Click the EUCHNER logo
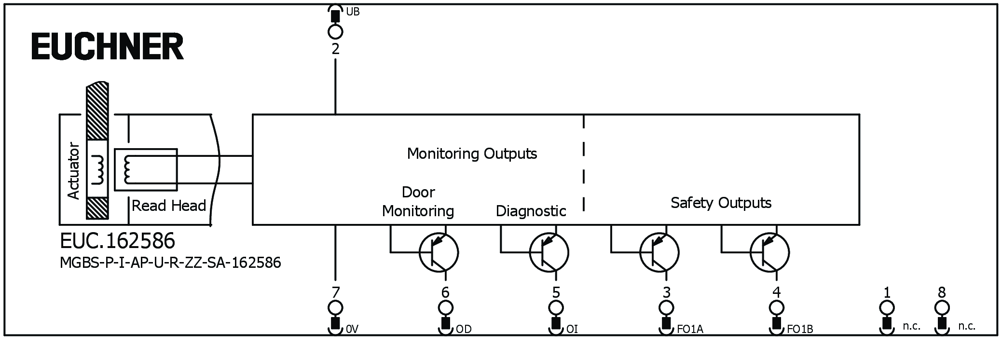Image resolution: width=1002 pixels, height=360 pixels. tap(107, 46)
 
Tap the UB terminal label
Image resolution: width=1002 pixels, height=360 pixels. tap(353, 12)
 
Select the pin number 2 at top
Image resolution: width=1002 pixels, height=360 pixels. tap(335, 49)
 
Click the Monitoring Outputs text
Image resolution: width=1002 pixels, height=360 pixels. tap(472, 153)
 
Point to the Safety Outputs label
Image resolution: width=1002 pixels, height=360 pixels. tap(721, 203)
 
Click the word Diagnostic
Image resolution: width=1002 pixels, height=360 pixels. tap(531, 211)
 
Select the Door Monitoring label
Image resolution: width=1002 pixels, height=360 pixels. tap(418, 202)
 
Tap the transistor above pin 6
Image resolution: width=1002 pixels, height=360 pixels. tap(439, 252)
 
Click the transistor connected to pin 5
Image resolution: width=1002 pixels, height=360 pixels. tap(549, 252)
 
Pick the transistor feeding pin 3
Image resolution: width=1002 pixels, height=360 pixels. tap(659, 252)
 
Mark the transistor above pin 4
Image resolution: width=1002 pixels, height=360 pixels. tap(769, 252)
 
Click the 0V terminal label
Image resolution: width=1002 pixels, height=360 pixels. tap(352, 329)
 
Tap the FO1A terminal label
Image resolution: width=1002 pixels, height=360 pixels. tap(690, 329)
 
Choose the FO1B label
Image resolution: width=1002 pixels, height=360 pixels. tap(800, 329)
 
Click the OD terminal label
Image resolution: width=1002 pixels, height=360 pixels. tap(464, 329)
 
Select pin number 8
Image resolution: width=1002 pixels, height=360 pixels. tap(942, 292)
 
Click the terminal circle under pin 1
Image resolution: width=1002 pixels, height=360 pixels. tap(887, 307)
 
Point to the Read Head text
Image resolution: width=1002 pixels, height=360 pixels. tap(169, 206)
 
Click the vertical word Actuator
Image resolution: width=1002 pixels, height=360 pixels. tap(73, 170)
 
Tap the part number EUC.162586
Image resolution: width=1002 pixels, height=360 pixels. tap(117, 241)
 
